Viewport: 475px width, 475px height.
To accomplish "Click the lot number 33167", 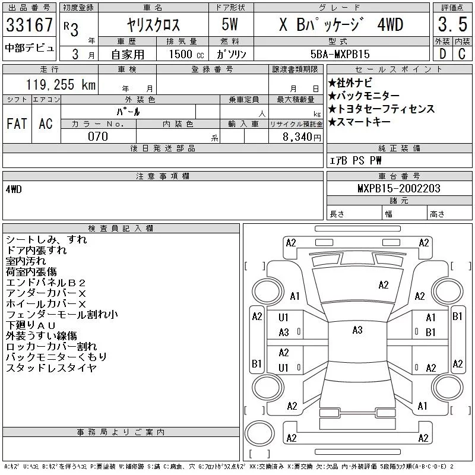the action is click(x=29, y=25).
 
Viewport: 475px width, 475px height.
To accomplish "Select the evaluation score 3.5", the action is click(x=452, y=24).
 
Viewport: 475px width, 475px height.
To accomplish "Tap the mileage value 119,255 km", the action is click(x=61, y=84).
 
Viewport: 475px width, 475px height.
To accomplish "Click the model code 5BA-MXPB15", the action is click(x=340, y=54).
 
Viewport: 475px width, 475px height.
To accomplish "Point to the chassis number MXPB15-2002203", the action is click(x=398, y=188).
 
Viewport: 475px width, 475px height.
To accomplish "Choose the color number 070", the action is click(x=98, y=137).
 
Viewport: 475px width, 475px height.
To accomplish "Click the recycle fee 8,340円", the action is click(x=302, y=137).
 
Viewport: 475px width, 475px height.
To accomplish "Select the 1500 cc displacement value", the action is click(x=186, y=54).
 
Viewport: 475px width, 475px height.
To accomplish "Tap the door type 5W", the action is click(x=230, y=24).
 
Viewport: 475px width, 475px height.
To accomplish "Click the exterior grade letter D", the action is click(x=442, y=53).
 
